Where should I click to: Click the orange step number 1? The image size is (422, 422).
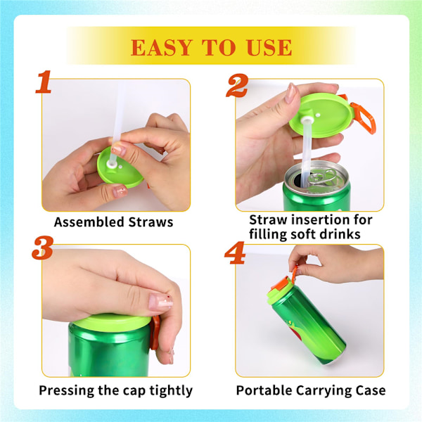click(44, 82)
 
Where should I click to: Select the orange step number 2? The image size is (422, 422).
click(237, 85)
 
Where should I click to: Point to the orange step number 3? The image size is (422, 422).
click(42, 248)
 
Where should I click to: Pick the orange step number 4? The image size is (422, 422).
click(235, 252)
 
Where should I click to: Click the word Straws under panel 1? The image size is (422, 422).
click(151, 222)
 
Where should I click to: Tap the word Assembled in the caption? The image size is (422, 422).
click(89, 222)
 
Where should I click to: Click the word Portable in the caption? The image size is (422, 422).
click(264, 390)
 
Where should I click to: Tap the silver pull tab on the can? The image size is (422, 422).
click(322, 177)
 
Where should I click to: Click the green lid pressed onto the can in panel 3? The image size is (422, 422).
click(112, 322)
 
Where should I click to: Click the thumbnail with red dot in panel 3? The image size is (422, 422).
click(160, 302)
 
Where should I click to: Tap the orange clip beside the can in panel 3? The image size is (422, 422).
click(155, 333)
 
